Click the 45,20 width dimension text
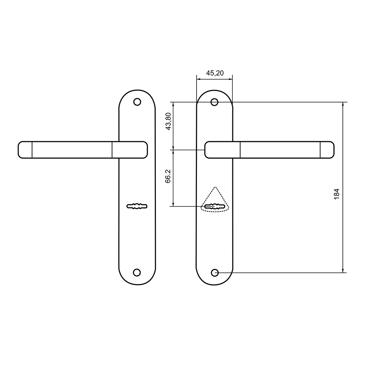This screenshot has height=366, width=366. tap(215, 73)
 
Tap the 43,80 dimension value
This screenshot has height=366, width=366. tap(168, 122)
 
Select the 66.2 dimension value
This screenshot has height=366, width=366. tap(168, 176)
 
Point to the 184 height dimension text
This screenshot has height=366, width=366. tap(336, 194)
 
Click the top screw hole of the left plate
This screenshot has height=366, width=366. tap(137, 102)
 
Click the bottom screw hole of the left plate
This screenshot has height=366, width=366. tap(137, 272)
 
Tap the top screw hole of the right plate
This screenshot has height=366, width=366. tap(214, 102)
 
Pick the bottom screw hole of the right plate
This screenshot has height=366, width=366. tap(215, 273)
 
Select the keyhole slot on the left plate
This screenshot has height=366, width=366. tap(137, 206)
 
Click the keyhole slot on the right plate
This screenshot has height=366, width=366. tap(215, 207)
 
